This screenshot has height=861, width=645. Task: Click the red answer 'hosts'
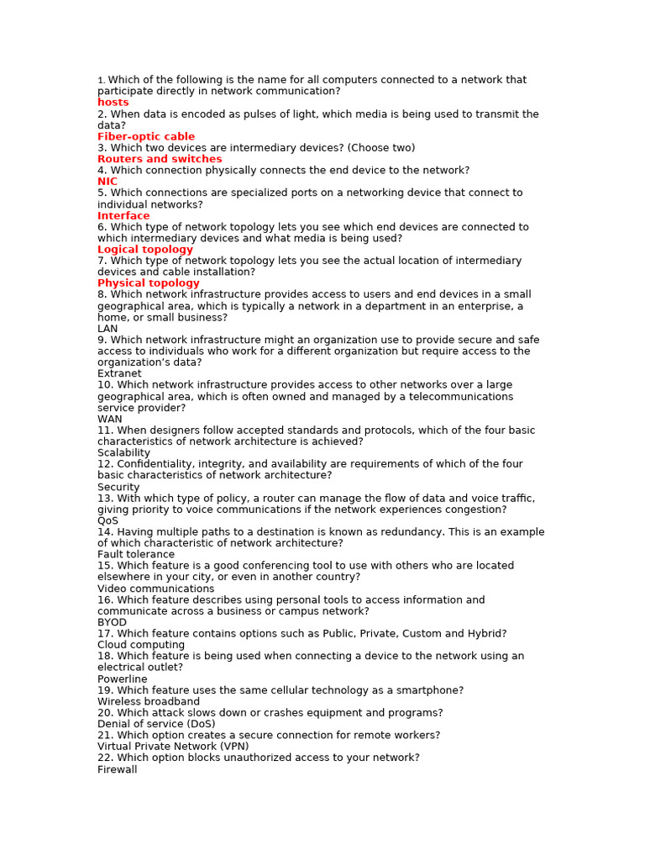[x=113, y=103]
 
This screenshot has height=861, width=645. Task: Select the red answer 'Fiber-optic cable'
[x=146, y=136]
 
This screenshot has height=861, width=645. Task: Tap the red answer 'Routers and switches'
[x=160, y=159]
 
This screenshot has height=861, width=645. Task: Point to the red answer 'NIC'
[x=107, y=182]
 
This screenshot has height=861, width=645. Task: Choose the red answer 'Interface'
[x=123, y=216]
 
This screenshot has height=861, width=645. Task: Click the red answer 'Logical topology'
[x=145, y=250]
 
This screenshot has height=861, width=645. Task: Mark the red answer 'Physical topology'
[x=149, y=283]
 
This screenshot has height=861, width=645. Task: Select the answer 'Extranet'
[x=119, y=373]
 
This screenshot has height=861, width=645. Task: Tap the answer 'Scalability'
[x=123, y=452]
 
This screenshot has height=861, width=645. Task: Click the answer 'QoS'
[x=107, y=520]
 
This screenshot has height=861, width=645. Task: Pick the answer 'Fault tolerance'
[x=136, y=554]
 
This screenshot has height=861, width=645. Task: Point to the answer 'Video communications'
[x=155, y=589]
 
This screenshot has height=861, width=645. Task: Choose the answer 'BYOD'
[x=113, y=622]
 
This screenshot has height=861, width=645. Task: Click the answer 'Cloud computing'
[x=141, y=645]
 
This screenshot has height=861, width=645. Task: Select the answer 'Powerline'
[x=123, y=679]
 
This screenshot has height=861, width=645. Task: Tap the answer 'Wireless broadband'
[x=149, y=701]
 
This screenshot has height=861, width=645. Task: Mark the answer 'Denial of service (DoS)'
[x=156, y=724]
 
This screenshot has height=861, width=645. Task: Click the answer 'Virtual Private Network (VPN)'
[x=173, y=747]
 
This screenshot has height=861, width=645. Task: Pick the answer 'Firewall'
[x=117, y=769]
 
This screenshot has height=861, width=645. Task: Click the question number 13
[x=104, y=498]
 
